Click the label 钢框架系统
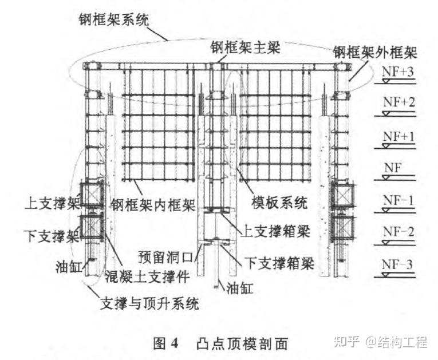(x=114, y=20)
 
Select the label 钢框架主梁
(x=245, y=48)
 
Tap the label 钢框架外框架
(x=375, y=52)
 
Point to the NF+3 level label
(x=397, y=72)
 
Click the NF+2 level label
(x=398, y=102)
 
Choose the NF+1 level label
(x=398, y=137)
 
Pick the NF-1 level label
(x=398, y=200)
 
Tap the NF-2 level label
(x=398, y=232)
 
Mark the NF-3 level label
(x=397, y=264)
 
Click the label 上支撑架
(x=53, y=203)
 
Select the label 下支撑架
(x=53, y=236)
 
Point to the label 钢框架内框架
(x=153, y=205)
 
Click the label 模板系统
(x=279, y=203)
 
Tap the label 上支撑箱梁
(x=275, y=232)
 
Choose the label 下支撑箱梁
(x=279, y=263)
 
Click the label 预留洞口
(x=166, y=257)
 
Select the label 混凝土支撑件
(x=148, y=276)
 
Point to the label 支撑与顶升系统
(x=150, y=303)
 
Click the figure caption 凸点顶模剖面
(x=242, y=343)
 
